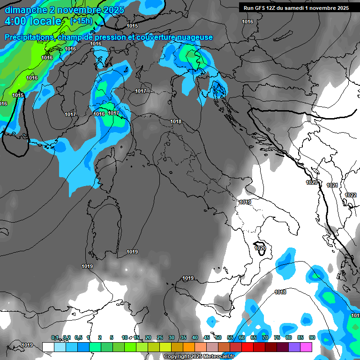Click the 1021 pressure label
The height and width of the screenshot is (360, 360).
click(332, 185)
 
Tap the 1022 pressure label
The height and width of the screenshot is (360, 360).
click(351, 195)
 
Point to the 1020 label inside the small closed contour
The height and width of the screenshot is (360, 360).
click(260, 248)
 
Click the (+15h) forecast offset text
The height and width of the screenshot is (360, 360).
click(82, 21)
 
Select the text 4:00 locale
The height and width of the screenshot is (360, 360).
click(33, 22)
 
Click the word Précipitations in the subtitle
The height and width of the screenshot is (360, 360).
click(29, 37)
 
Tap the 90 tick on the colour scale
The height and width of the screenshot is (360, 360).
click(312, 337)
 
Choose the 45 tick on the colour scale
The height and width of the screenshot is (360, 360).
click(207, 337)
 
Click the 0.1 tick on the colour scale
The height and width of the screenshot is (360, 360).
click(55, 337)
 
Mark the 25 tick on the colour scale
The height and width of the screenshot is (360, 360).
click(160, 337)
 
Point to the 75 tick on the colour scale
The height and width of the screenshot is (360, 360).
click(277, 337)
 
